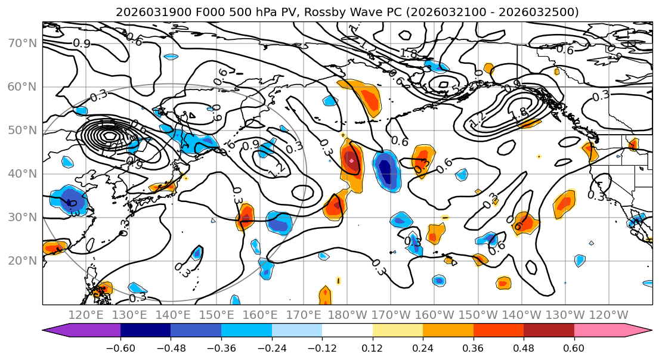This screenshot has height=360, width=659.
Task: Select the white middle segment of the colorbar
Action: click(x=347, y=331)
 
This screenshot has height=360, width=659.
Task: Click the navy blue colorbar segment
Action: click(x=146, y=331)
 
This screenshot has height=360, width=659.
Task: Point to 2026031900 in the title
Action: click(x=145, y=12)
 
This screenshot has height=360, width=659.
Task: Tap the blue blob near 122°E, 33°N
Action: click(x=70, y=201)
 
